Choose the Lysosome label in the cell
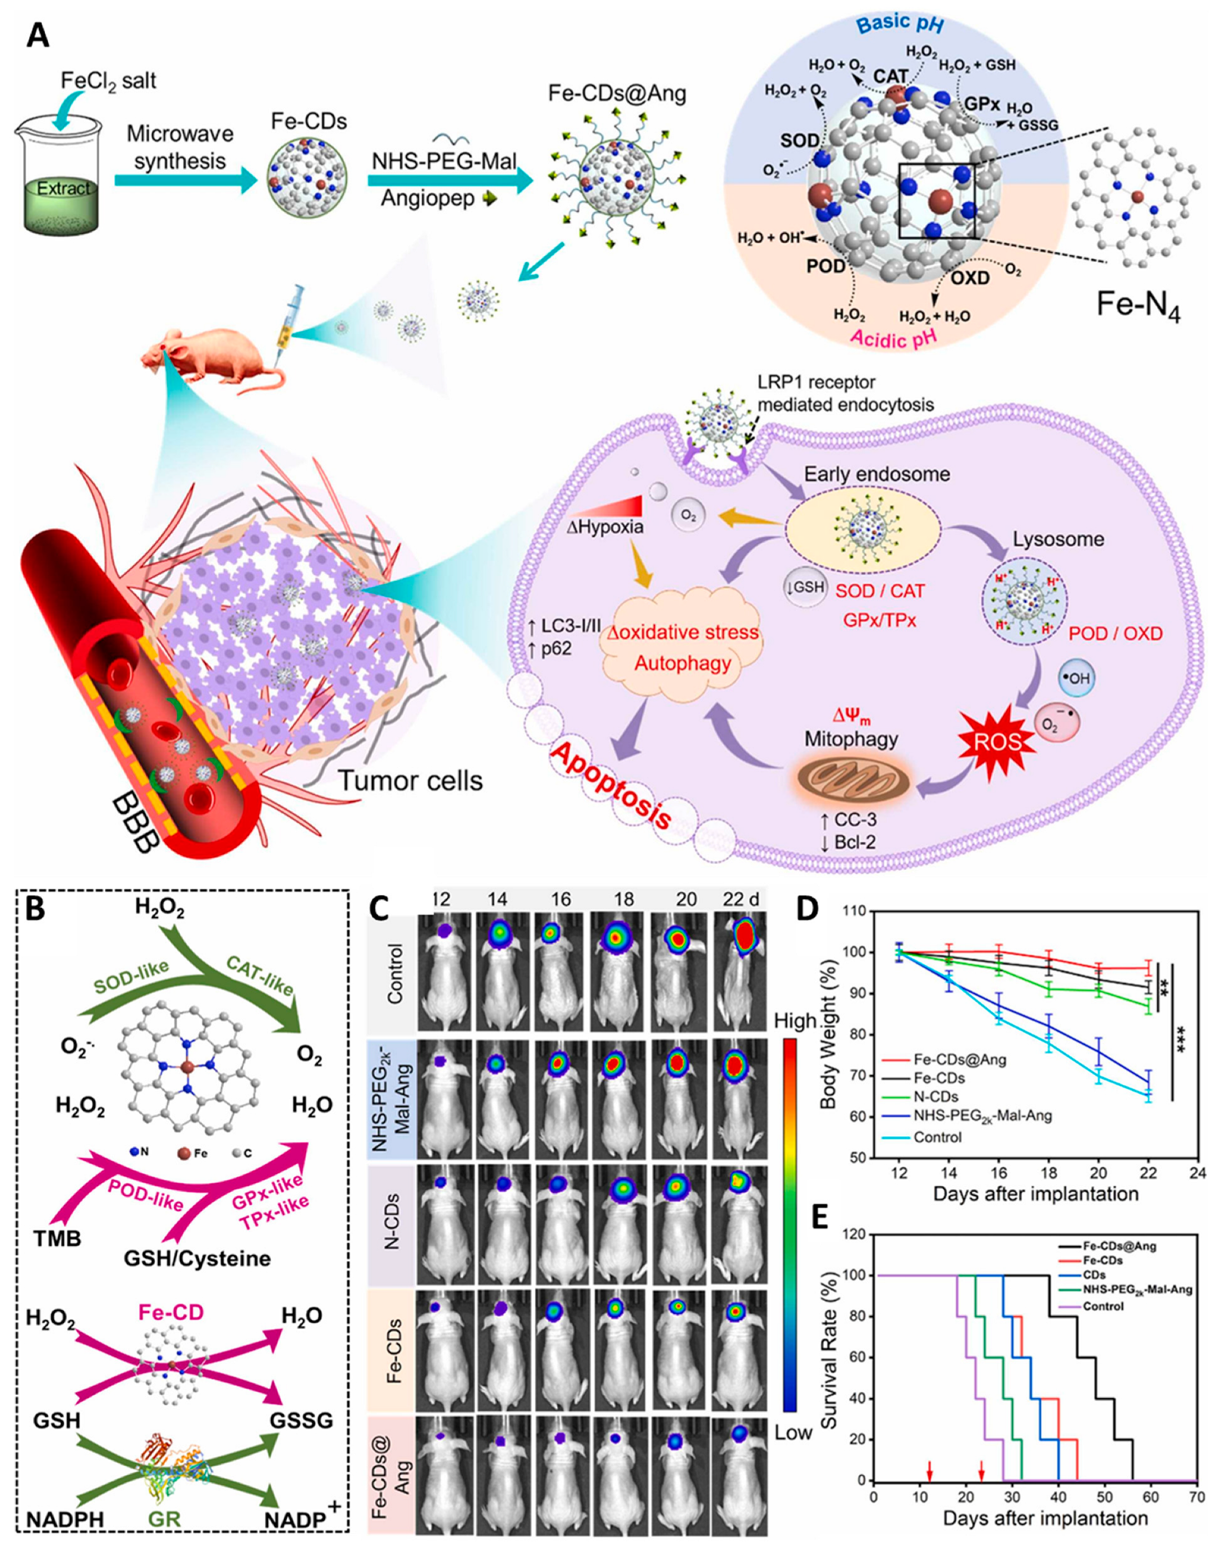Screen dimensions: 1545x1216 point(1058,539)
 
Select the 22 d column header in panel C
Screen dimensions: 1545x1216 point(741,899)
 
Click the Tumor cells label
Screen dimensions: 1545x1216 point(410,781)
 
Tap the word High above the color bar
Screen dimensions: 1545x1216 point(795,1021)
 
